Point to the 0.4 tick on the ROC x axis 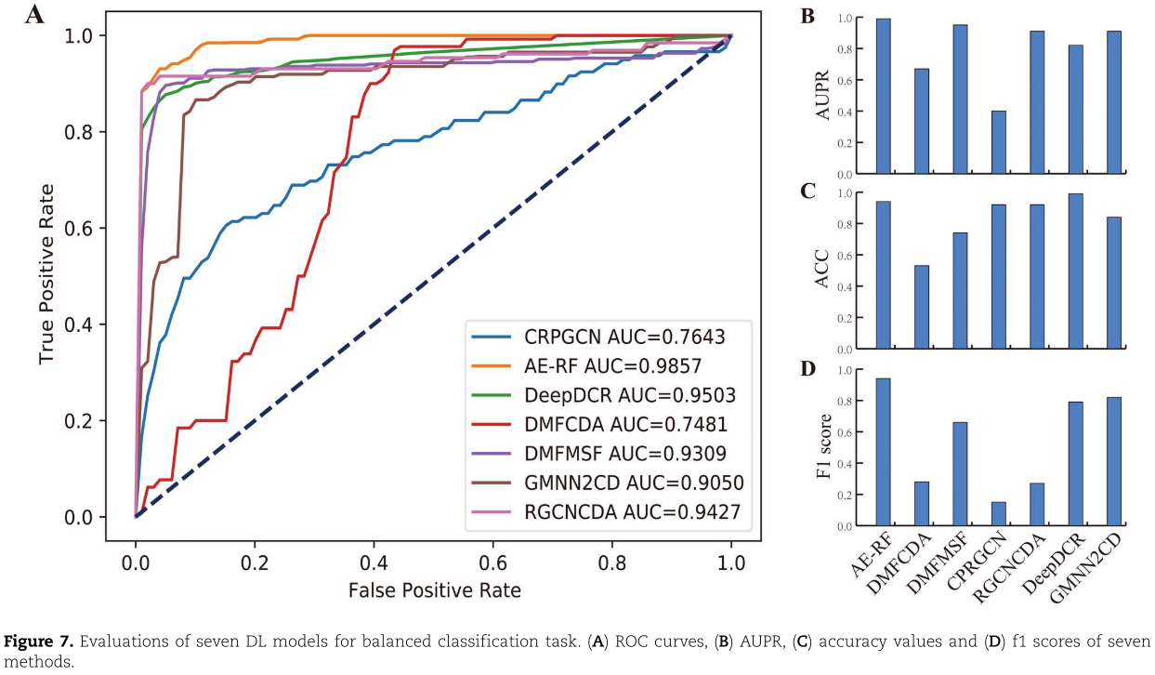click(374, 562)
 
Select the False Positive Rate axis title click(434, 590)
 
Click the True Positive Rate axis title click(47, 275)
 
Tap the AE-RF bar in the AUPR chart click(883, 96)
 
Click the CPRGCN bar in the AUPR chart click(998, 142)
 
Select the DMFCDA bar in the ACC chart click(921, 308)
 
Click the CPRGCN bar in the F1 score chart click(998, 514)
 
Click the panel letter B click(807, 16)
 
